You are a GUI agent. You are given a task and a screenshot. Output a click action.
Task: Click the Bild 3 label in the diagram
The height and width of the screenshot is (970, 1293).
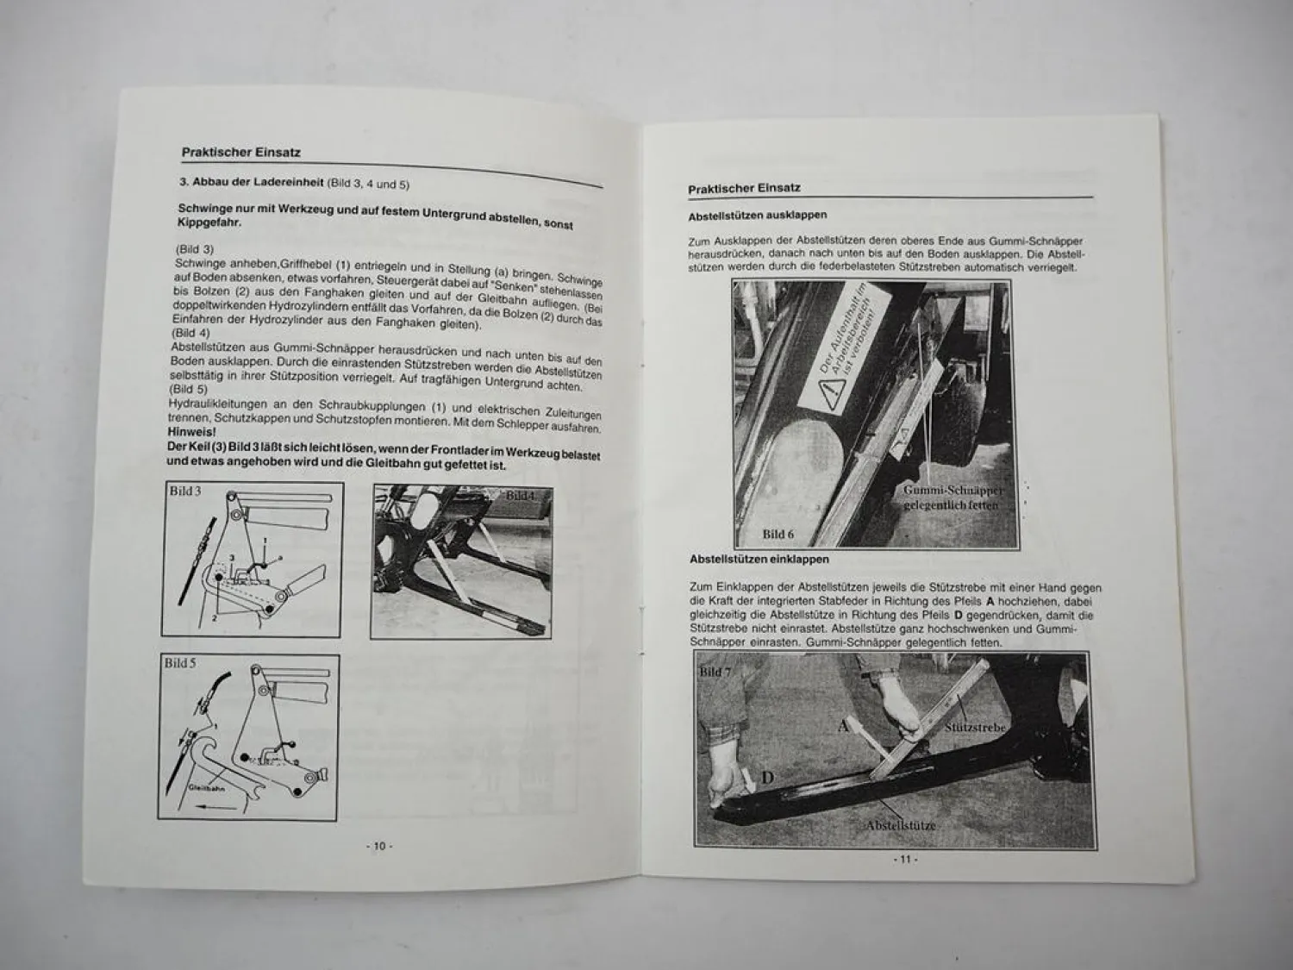pos(185,491)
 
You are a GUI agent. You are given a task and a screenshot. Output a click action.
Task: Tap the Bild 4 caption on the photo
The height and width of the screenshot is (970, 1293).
pos(521,496)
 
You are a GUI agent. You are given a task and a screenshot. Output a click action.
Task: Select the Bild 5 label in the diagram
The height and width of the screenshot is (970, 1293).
pos(180,663)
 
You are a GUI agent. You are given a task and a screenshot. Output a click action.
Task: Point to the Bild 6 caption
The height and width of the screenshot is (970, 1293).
pos(778,535)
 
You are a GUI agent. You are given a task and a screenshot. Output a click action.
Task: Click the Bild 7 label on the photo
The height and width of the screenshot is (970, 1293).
pos(715,672)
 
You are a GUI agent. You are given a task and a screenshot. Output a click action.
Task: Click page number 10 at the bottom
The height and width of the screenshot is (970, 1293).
pos(379,846)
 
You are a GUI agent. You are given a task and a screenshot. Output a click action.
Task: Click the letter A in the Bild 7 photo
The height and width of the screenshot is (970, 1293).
pos(843,726)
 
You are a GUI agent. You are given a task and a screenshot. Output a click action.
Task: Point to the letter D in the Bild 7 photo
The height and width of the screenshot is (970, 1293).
pos(766,779)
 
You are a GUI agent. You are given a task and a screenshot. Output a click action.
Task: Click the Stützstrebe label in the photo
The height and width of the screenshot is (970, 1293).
pos(975,728)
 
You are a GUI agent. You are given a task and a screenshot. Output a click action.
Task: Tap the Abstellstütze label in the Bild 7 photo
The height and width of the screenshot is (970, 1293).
pos(901,825)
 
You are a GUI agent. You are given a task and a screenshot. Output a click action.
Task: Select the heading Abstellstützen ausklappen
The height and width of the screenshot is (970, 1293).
pos(758,216)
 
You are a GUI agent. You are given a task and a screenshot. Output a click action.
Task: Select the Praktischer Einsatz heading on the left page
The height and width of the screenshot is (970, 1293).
pos(240,153)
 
